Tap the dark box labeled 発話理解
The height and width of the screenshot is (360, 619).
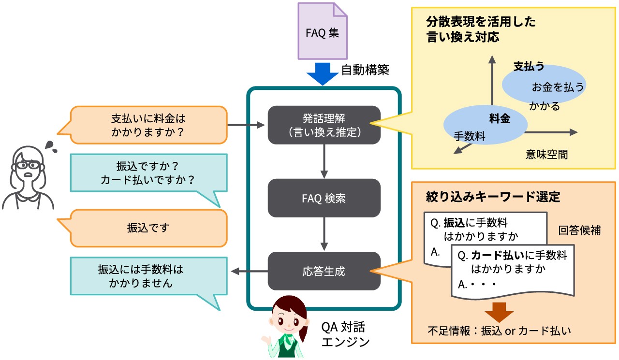pos(324,125)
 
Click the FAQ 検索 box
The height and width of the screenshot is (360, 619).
pos(324,198)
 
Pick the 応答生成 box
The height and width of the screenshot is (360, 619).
pos(324,271)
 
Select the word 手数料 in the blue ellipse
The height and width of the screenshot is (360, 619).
pos(469,137)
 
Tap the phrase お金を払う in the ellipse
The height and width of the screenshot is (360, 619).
pos(558,87)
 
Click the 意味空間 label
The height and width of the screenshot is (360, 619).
pos(546,155)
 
